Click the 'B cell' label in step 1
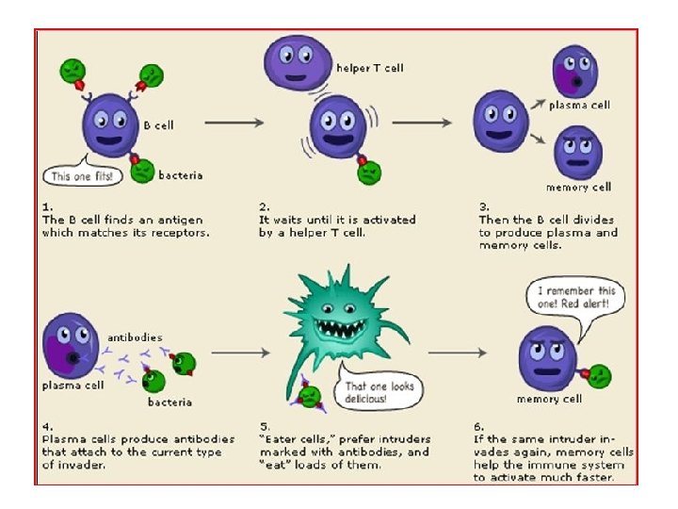click(158, 124)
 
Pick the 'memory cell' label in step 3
click(578, 187)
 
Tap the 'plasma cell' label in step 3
click(579, 105)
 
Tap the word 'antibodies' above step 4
click(135, 337)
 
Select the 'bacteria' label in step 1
click(180, 175)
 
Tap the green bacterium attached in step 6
click(596, 377)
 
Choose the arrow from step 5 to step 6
click(457, 353)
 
